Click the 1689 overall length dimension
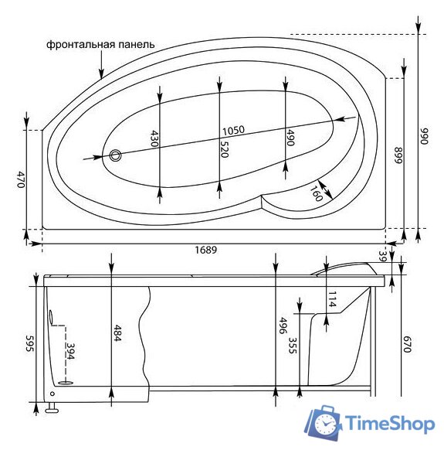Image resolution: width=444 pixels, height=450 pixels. point(206,250)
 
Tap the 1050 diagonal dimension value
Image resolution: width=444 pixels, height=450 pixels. point(234,131)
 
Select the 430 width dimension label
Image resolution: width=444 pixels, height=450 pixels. point(154,138)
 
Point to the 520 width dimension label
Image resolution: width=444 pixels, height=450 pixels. point(224,149)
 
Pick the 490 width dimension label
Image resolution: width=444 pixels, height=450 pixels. point(290,138)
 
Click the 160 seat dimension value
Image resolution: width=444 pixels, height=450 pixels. point(316,193)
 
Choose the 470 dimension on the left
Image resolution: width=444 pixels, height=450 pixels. point(20,179)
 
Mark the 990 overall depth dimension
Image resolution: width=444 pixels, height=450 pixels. point(424,136)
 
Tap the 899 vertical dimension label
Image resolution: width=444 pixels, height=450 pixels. point(398,155)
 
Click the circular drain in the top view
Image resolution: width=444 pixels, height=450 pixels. point(116,155)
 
